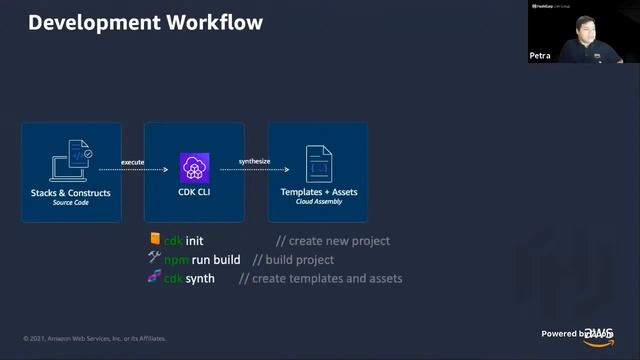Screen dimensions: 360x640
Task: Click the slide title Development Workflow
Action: click(x=145, y=21)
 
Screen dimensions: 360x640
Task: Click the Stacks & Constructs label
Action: click(x=71, y=192)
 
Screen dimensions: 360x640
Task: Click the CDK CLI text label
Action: click(x=194, y=192)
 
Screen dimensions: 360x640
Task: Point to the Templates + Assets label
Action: click(x=319, y=192)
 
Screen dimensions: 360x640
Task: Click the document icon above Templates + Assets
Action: click(x=319, y=163)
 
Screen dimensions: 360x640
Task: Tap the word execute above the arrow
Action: click(x=133, y=161)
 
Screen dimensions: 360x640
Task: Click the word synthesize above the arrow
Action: click(x=256, y=161)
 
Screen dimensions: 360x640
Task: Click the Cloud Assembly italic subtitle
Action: click(x=319, y=201)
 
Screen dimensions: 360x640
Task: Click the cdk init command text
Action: click(x=184, y=241)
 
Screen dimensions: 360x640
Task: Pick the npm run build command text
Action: click(x=203, y=260)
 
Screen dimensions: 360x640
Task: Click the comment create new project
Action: click(x=333, y=241)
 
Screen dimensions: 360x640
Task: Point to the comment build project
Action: click(x=293, y=260)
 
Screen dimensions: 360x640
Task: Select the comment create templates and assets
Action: click(x=320, y=278)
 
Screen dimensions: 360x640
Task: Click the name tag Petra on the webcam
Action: click(x=540, y=57)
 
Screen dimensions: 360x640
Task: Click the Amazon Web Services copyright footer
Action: click(x=95, y=338)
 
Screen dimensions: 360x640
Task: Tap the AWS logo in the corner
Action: click(x=599, y=335)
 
